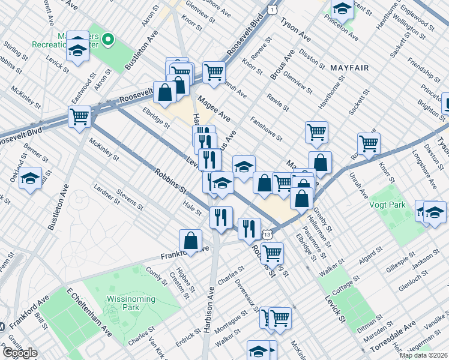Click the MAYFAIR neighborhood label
click(x=349, y=68)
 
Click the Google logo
click(x=20, y=353)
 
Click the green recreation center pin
click(x=108, y=41)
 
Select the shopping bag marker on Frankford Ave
click(x=190, y=241)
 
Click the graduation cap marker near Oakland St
click(x=30, y=179)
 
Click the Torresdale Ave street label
click(x=394, y=332)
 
